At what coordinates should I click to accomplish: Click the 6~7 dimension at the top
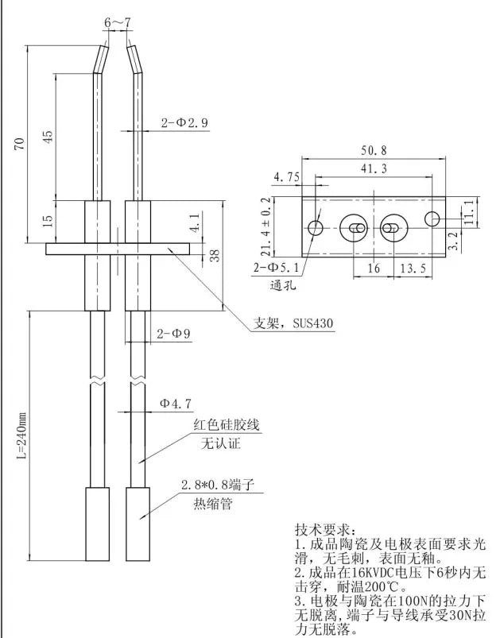pos(116,22)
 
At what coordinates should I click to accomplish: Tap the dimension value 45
pos(47,136)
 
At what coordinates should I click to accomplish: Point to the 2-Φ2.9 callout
pos(184,123)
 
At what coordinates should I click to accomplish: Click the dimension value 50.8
pos(373,150)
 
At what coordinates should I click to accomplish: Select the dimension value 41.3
pos(374,168)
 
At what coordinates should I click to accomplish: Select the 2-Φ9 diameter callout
pos(173,334)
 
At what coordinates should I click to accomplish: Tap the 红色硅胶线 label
pos(227,426)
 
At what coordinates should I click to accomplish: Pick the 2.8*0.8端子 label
pos(223,484)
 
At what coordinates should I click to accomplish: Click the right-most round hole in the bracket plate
pos(432,218)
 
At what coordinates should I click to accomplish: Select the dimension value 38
pos(214,254)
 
